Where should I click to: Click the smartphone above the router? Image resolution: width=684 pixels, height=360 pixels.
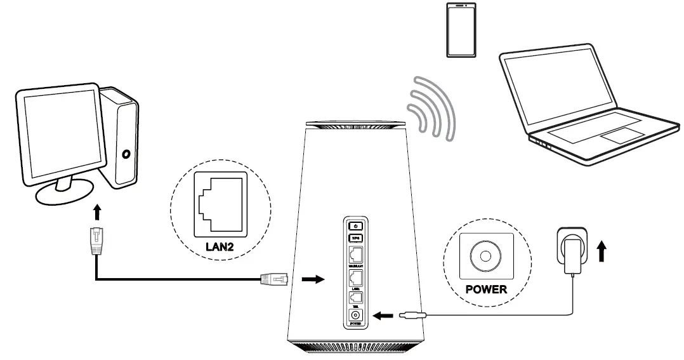pyautogui.click(x=462, y=30)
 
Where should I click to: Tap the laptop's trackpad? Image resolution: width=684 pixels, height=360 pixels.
pyautogui.click(x=621, y=135)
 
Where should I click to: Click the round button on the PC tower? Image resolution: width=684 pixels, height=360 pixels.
pyautogui.click(x=127, y=154)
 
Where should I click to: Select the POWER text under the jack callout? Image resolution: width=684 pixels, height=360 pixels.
pyautogui.click(x=486, y=290)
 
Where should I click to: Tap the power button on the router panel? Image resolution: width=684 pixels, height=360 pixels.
pyautogui.click(x=356, y=225)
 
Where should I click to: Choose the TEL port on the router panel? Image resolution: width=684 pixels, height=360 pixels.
pyautogui.click(x=356, y=297)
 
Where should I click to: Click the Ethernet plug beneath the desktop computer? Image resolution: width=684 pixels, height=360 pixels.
pyautogui.click(x=96, y=241)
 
